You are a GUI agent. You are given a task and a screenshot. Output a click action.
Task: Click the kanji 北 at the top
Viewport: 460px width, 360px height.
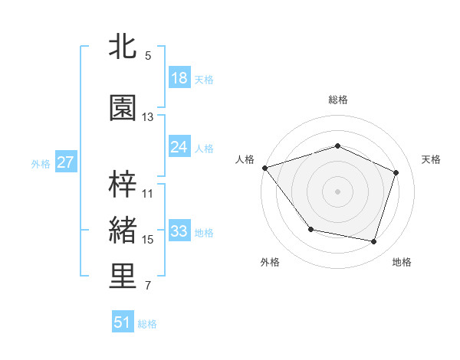123,47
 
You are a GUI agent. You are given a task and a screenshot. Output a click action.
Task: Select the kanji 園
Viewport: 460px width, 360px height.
123,108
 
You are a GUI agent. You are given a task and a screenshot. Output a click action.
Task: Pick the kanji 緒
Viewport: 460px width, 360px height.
123,231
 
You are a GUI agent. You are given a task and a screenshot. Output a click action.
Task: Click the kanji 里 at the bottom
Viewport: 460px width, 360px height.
123,277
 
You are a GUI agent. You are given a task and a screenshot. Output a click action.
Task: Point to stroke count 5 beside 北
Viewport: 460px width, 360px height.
148,56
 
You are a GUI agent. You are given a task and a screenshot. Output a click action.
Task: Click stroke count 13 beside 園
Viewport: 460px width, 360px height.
148,117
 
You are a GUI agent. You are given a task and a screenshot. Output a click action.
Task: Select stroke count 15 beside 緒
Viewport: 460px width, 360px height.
148,240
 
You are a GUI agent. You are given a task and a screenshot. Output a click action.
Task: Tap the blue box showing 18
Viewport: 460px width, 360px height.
179,77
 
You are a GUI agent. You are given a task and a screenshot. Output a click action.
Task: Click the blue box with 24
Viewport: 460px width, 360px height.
179,146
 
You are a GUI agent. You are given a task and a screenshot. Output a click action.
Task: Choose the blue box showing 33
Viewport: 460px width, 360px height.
179,231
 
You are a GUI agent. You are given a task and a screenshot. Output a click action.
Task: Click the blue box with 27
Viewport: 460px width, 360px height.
65,162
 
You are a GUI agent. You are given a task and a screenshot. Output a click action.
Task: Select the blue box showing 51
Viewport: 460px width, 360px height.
123,322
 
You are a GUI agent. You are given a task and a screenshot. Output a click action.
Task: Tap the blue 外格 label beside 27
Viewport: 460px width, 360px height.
41,163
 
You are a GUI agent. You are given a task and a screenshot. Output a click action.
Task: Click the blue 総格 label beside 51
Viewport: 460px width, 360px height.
147,324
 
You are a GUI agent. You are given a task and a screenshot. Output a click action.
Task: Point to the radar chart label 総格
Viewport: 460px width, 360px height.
338,100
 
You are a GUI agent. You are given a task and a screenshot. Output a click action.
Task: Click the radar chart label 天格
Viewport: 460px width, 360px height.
432,159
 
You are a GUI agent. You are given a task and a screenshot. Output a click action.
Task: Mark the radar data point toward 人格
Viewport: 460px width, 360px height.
264,168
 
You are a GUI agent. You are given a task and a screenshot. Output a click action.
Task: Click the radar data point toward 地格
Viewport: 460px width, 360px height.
374,242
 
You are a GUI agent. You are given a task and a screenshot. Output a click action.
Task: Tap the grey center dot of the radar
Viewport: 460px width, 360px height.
338,191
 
